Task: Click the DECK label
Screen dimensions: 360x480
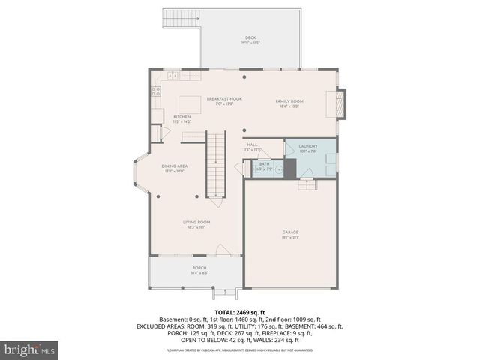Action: pos(250,38)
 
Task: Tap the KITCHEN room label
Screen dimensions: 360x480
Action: pos(182,117)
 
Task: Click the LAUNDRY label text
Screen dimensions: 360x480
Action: pos(308,146)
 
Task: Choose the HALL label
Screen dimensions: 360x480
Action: pos(253,145)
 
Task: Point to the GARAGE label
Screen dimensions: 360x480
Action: pos(290,232)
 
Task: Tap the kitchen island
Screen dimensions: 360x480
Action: pos(189,103)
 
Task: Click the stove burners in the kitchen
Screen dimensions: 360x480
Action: pos(156,92)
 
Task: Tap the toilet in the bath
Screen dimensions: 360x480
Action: pos(277,170)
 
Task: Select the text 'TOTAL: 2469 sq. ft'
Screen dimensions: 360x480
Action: pos(239,312)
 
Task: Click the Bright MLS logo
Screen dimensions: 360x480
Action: pos(30,349)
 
